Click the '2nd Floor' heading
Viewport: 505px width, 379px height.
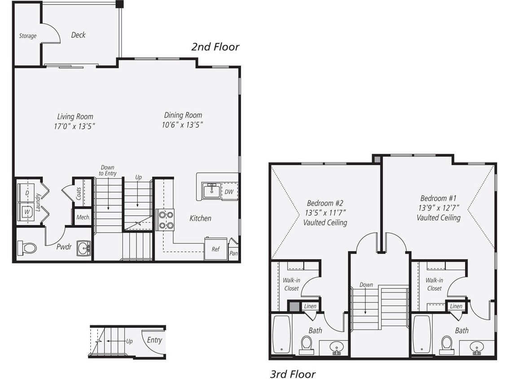pos(215,47)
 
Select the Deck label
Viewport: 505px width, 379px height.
pos(78,35)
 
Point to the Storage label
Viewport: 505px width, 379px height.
pos(28,36)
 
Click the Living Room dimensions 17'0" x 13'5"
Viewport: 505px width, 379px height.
pos(75,126)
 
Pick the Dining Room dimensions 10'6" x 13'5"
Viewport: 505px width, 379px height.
pos(183,125)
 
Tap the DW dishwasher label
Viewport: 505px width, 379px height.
pos(229,192)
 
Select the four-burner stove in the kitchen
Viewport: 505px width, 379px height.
pos(165,220)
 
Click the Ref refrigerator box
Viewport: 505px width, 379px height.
pos(215,249)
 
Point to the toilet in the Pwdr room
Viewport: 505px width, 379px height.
pos(27,248)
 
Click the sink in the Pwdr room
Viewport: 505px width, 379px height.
pos(83,248)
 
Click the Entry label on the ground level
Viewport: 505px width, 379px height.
pos(154,340)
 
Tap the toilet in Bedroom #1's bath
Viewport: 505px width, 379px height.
pos(447,344)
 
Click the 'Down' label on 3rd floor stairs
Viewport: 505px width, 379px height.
pos(366,285)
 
